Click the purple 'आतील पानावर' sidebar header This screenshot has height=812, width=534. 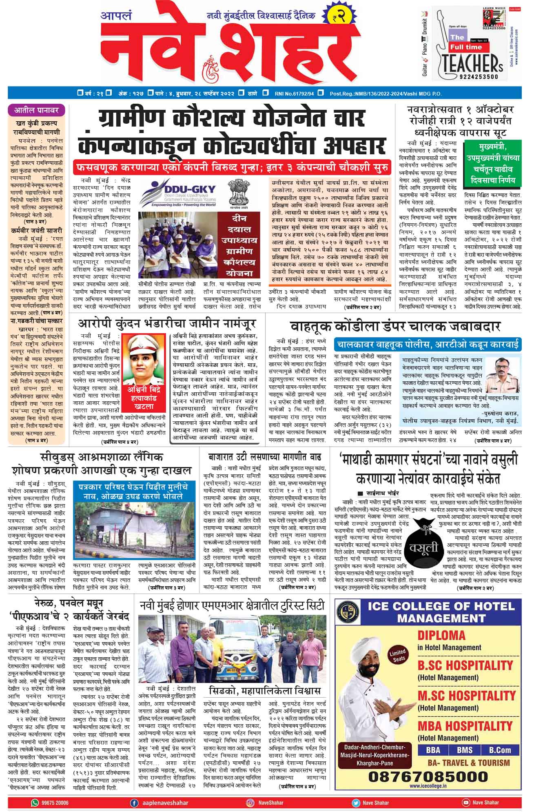[37, 110]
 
